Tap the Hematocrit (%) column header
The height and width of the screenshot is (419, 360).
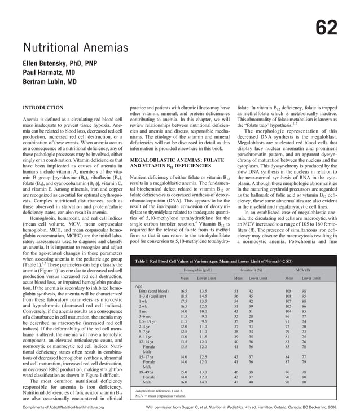point(252,270)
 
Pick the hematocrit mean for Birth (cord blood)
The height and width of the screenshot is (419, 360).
point(237,290)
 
